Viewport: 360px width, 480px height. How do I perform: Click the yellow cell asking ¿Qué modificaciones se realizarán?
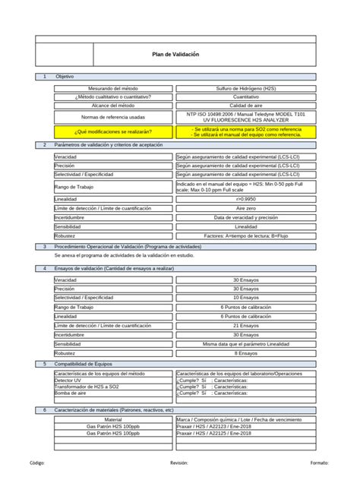(x=113, y=131)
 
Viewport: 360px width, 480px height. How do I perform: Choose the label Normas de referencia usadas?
(x=113, y=117)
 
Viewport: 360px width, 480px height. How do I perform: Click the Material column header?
(x=113, y=419)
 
